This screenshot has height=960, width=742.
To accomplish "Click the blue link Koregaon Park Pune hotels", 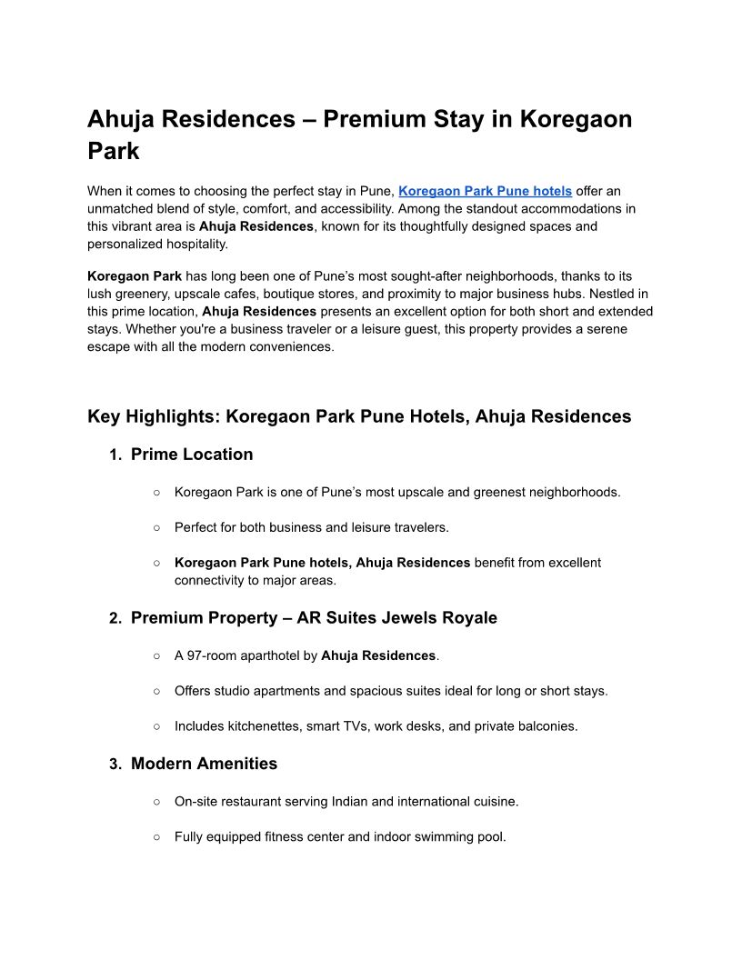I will [x=485, y=191].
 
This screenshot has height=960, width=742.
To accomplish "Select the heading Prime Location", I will [x=192, y=455].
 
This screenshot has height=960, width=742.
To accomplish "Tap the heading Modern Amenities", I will [x=204, y=764].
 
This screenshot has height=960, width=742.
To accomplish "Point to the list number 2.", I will [x=115, y=619].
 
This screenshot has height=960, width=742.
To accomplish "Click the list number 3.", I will [x=115, y=765].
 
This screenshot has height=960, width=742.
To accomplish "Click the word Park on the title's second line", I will [x=114, y=151].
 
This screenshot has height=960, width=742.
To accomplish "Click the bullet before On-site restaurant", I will [x=156, y=802].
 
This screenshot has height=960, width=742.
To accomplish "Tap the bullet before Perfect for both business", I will [x=156, y=527].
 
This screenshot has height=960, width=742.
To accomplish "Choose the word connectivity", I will [x=212, y=580].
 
